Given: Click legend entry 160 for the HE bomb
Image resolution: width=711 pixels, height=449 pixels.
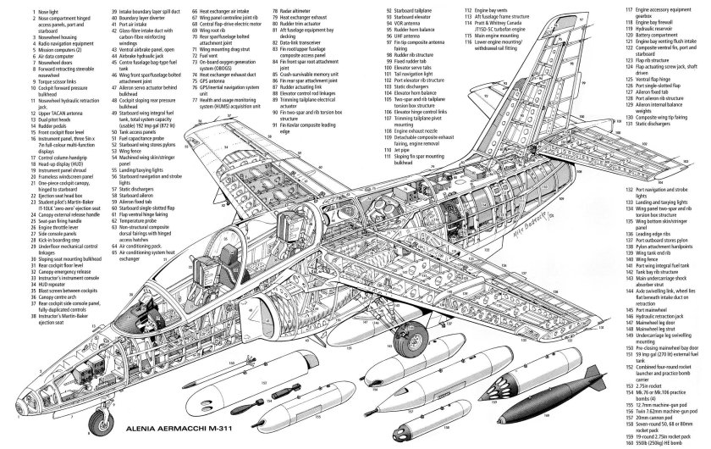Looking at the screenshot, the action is pyautogui.click(x=669, y=443).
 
